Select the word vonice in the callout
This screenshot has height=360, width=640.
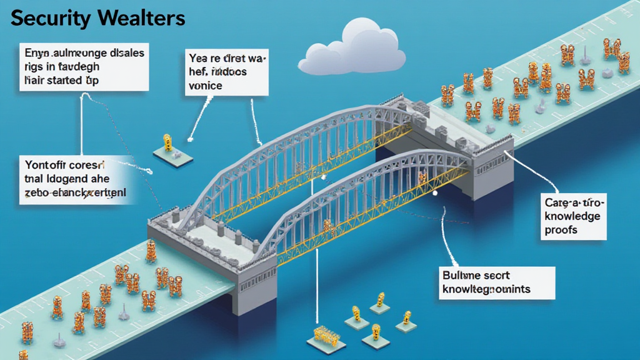pyautogui.click(x=205, y=86)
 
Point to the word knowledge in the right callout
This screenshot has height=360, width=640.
pyautogui.click(x=572, y=216)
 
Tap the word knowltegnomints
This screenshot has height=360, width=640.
pyautogui.click(x=486, y=289)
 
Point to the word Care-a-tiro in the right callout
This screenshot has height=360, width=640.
pyautogui.click(x=572, y=202)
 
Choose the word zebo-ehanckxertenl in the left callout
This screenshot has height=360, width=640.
pyautogui.click(x=75, y=194)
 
